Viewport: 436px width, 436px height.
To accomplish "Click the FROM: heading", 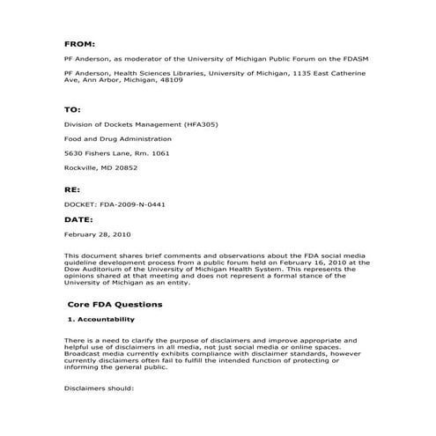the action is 80,42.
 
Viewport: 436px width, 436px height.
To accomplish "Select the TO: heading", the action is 73,111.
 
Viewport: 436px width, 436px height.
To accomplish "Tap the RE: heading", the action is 73,189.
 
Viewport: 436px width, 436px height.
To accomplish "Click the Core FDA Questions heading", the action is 115,304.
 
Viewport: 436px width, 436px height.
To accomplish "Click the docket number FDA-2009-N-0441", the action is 133,204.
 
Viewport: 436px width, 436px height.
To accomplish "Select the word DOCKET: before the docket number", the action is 83,204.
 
